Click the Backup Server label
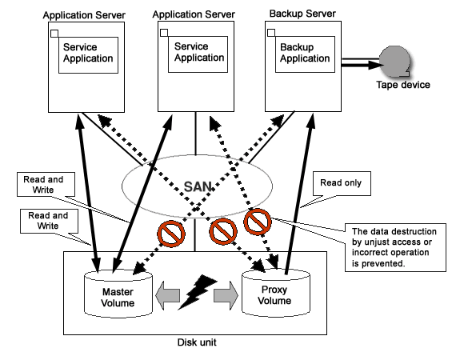point(302,14)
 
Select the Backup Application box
point(305,54)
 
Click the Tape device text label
point(403,85)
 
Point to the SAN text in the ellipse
point(198,186)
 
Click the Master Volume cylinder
point(118,294)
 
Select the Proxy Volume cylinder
point(276,293)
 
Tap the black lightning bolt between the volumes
point(197,292)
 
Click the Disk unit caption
point(197,342)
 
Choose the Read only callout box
point(342,183)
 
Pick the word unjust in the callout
point(378,242)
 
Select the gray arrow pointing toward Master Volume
point(167,295)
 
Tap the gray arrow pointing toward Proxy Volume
point(226,295)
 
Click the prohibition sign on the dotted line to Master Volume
point(171,234)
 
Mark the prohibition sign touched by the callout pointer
point(258,222)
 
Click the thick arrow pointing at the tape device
point(361,65)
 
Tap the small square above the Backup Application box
point(271,33)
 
